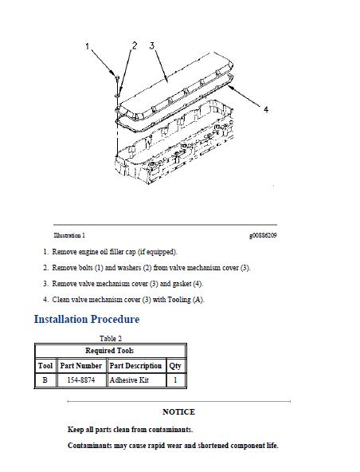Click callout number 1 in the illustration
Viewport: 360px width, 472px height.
tap(88, 47)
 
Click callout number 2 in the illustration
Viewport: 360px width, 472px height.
tap(134, 45)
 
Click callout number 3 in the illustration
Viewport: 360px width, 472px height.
tap(151, 45)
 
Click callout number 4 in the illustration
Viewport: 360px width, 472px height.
tap(266, 110)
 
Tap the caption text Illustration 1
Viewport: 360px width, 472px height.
tap(69, 236)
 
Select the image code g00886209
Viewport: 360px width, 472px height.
tap(262, 236)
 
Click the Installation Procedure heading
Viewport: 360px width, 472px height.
tap(86, 320)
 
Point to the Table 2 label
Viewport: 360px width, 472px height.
tap(110, 339)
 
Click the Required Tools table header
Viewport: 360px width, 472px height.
tap(110, 351)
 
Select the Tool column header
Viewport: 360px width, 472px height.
tap(45, 366)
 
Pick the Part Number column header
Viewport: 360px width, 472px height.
tap(81, 366)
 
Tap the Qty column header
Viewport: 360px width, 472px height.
tap(175, 366)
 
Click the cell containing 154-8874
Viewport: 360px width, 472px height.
tap(81, 381)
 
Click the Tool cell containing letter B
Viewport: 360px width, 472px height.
tap(45, 381)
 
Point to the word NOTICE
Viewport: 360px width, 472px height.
tap(178, 412)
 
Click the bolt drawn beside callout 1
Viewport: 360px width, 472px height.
tap(117, 81)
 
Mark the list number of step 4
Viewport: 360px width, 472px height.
tap(45, 300)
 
